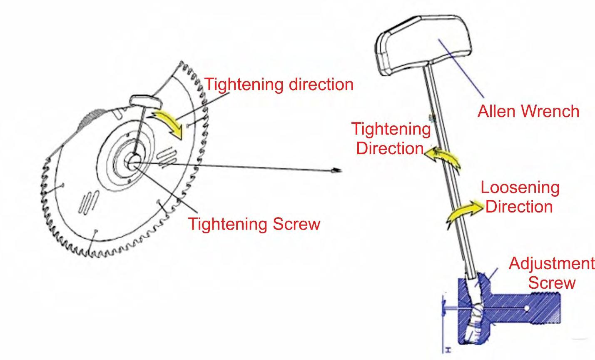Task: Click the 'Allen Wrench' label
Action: [x=528, y=111]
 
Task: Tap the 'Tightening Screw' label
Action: [x=254, y=224]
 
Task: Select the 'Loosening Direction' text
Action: [x=520, y=197]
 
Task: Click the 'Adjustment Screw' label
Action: [x=552, y=273]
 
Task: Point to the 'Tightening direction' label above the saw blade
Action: [x=279, y=85]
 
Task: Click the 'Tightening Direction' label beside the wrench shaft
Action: [x=391, y=138]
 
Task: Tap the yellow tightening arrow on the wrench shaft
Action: [x=442, y=158]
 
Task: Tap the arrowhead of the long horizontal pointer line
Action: [x=337, y=170]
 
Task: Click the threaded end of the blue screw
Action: [x=547, y=308]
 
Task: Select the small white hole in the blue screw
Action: [x=527, y=308]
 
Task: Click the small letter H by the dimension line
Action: [x=448, y=350]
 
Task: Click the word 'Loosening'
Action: [x=520, y=188]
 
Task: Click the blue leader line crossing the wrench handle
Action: [x=461, y=68]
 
